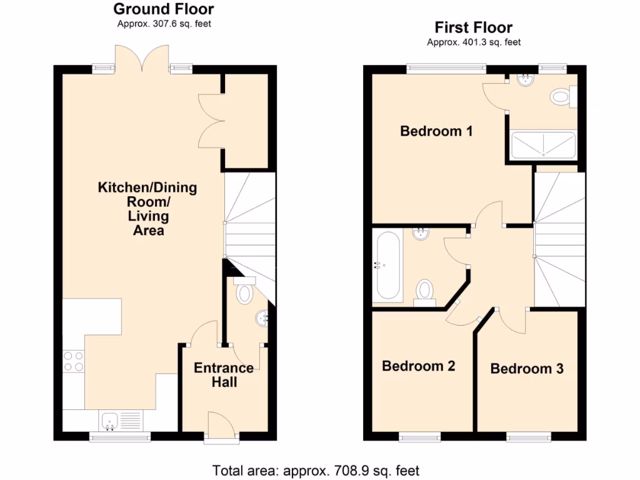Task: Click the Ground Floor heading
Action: tap(163, 9)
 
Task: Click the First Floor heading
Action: tap(473, 27)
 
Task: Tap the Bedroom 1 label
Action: tap(436, 131)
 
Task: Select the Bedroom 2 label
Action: tap(418, 366)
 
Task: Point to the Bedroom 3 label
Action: tap(527, 369)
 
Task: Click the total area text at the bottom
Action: tap(316, 470)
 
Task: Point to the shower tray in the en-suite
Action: tap(543, 145)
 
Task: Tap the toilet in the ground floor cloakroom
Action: tap(243, 291)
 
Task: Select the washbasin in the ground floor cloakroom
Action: tap(262, 318)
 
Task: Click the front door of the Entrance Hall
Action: tap(222, 427)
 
